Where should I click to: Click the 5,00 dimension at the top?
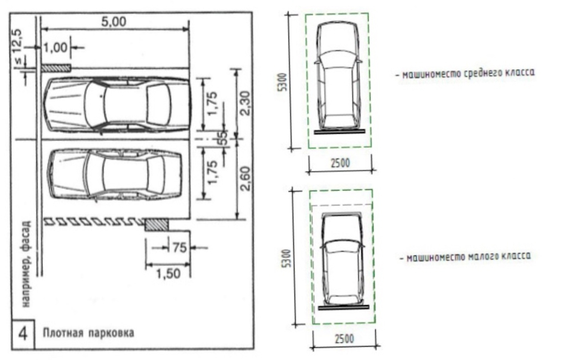tap(114, 22)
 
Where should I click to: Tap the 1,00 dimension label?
tap(55, 48)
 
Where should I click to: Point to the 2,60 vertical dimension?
tap(244, 179)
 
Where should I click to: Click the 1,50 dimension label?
tap(168, 273)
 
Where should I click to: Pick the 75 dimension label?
tap(179, 248)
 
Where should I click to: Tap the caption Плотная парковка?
tap(88, 332)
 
